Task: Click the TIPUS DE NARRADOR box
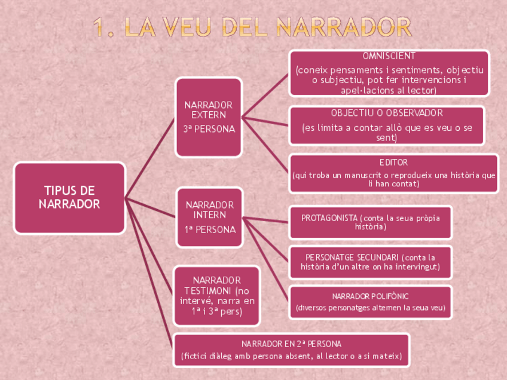click(x=69, y=198)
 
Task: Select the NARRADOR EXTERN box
click(x=209, y=117)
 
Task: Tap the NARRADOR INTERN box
click(x=210, y=217)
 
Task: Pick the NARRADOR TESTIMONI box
click(x=216, y=296)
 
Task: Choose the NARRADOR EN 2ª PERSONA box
click(x=291, y=350)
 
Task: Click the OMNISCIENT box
click(x=389, y=73)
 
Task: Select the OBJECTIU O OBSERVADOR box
click(x=387, y=125)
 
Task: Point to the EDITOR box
click(x=393, y=173)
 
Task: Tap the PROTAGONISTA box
click(x=370, y=222)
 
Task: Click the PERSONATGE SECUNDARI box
click(x=370, y=262)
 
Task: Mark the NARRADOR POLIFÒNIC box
click(x=370, y=302)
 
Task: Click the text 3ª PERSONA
click(x=209, y=128)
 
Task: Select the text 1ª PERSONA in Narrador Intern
click(x=210, y=229)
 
